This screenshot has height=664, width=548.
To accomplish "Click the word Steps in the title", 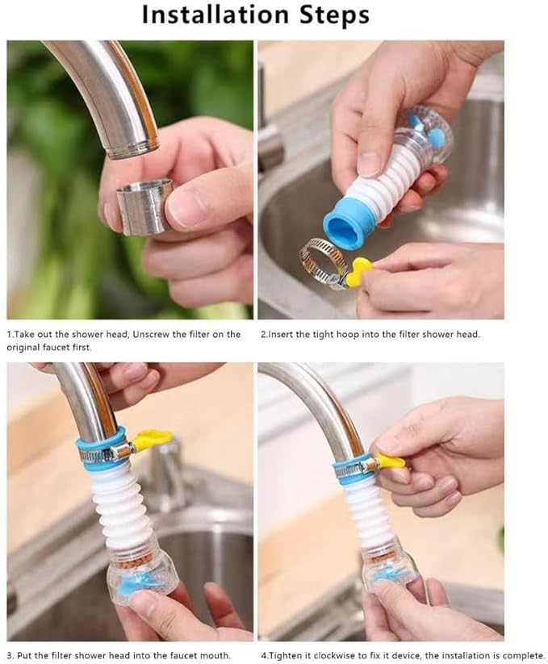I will point(331,15).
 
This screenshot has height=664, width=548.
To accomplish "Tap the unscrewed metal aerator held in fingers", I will point(144,207).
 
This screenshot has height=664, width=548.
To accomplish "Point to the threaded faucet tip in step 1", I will point(132,148).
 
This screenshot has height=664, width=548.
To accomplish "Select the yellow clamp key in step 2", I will point(358,273).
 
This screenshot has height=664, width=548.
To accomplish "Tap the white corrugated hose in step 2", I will point(387,178).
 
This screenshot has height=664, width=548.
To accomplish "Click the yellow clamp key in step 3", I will point(150,440).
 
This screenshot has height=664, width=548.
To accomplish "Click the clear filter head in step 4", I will point(390,570).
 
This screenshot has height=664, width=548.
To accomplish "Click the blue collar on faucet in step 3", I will point(102,443).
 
